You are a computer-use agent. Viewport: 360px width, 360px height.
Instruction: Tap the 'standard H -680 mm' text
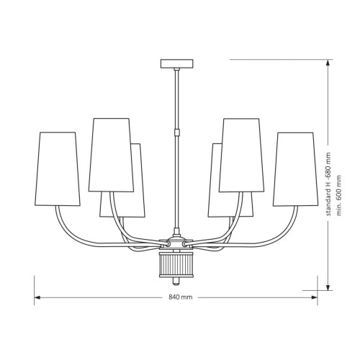click(x=328, y=184)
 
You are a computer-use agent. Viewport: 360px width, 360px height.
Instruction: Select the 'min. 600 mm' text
click(x=338, y=195)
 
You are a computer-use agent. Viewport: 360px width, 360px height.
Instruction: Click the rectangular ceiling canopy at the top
click(x=177, y=63)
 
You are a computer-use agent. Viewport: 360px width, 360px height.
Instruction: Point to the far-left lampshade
click(x=58, y=169)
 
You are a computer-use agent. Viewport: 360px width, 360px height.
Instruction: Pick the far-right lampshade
click(x=296, y=169)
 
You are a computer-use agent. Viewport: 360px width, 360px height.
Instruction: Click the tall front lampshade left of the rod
click(x=111, y=155)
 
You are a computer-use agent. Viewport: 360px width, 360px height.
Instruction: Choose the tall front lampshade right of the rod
click(x=242, y=155)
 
